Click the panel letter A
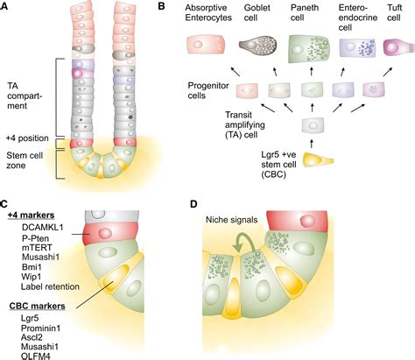tap(8, 8)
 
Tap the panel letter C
tap(8, 201)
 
